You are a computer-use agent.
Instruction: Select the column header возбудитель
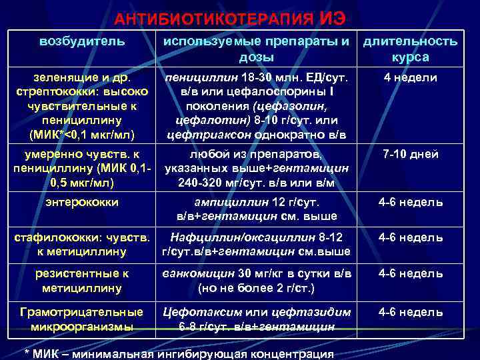82,41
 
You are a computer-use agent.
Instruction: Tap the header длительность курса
410,49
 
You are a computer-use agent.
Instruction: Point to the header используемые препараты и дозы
257,49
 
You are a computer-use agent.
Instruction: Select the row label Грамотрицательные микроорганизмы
82,319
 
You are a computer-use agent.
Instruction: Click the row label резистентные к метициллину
82,281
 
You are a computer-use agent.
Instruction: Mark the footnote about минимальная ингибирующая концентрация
179,353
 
